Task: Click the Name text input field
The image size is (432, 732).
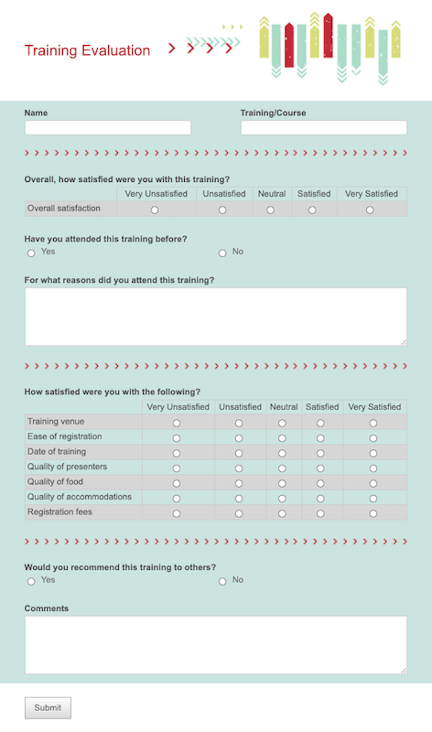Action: tap(108, 128)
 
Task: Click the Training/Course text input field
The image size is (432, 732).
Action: tap(323, 128)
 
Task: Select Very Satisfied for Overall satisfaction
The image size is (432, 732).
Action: tap(370, 210)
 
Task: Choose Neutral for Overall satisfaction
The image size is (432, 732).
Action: tap(271, 210)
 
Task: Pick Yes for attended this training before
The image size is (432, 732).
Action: tap(31, 253)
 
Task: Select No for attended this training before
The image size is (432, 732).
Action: tap(223, 253)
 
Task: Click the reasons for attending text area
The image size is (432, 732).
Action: tap(216, 316)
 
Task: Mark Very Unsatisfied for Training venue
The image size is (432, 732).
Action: tap(177, 423)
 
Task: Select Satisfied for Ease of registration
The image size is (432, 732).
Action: tap(320, 438)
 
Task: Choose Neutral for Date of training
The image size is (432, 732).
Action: tap(282, 453)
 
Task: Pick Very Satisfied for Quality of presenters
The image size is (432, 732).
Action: tap(373, 468)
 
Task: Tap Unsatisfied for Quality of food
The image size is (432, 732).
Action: tap(239, 483)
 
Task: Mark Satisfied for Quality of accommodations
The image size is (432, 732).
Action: tap(320, 499)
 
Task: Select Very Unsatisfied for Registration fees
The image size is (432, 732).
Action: tap(177, 514)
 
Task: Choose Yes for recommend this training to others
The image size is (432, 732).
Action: tap(31, 581)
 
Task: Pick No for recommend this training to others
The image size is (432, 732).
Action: tap(223, 581)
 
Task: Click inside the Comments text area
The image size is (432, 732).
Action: tap(216, 645)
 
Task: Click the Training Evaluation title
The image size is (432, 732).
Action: tap(87, 50)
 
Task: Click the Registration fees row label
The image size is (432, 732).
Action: tap(60, 512)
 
